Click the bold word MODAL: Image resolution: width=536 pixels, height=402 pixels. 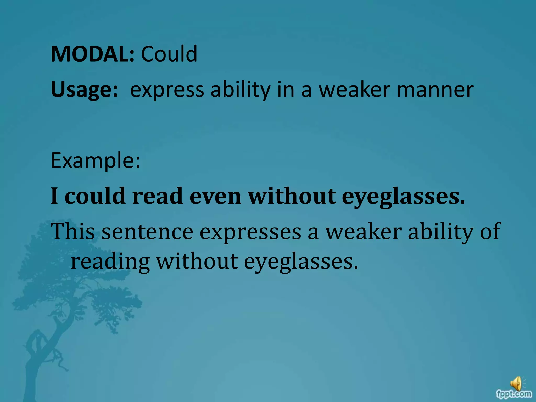coord(92,54)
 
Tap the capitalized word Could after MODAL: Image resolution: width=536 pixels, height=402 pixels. coord(169,54)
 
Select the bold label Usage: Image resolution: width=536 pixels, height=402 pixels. coord(84,90)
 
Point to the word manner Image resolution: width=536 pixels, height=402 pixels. coord(435,90)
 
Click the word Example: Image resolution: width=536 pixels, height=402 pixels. coord(96,160)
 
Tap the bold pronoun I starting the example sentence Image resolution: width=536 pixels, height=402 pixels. coord(54,196)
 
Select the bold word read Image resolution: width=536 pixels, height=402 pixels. coord(157,196)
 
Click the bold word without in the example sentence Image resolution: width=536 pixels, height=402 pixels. coord(292,196)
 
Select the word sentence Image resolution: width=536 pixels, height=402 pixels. coord(147,232)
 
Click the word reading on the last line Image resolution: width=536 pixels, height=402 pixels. coord(110,262)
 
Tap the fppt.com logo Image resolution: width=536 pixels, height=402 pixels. coord(514,394)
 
